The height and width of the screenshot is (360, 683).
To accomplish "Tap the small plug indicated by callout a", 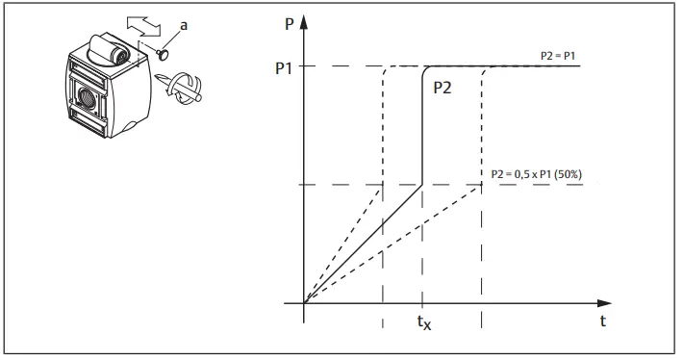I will pyautogui.click(x=163, y=56).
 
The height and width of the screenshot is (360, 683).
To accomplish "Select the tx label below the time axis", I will pyautogui.click(x=422, y=325).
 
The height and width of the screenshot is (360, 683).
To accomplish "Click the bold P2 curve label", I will pyautogui.click(x=443, y=87).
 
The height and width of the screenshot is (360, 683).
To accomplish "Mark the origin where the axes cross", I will pyautogui.click(x=305, y=303).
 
